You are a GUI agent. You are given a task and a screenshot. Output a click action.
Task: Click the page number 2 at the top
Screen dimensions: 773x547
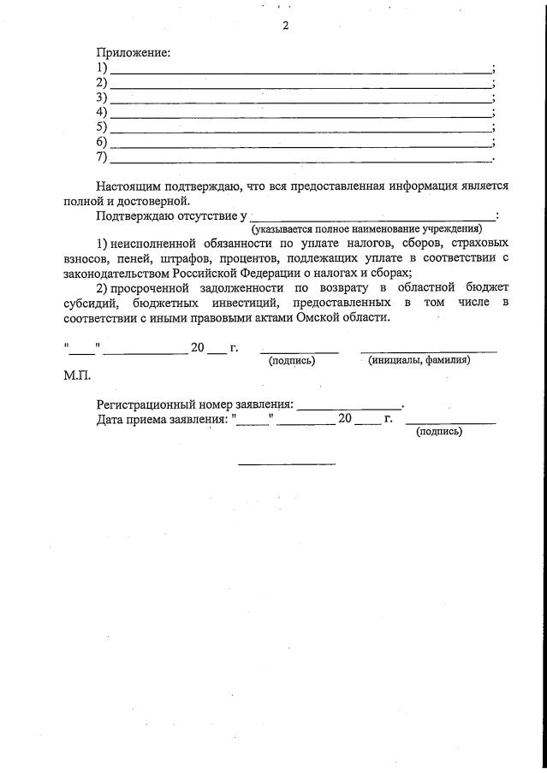pyautogui.click(x=286, y=26)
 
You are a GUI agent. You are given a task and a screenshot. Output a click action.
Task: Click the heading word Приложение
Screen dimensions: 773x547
pyautogui.click(x=133, y=53)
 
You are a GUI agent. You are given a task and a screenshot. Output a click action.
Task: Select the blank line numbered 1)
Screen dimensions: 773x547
pyautogui.click(x=300, y=69)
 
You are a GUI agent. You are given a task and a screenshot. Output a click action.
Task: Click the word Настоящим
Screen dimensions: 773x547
pyautogui.click(x=128, y=186)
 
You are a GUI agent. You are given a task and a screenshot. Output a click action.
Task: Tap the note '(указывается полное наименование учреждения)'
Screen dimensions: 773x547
pyautogui.click(x=366, y=229)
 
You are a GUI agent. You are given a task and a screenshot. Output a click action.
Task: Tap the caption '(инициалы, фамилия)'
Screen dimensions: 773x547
pyautogui.click(x=419, y=360)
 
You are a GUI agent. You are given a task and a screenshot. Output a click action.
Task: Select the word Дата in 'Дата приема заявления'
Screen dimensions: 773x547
pyautogui.click(x=112, y=419)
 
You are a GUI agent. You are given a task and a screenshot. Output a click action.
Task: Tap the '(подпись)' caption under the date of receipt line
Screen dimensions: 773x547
pyautogui.click(x=439, y=432)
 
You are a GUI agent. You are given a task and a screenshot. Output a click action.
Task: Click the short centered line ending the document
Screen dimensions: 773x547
pyautogui.click(x=287, y=464)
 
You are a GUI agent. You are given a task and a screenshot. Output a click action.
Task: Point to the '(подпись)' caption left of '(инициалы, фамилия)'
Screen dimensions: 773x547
pyautogui.click(x=292, y=360)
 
